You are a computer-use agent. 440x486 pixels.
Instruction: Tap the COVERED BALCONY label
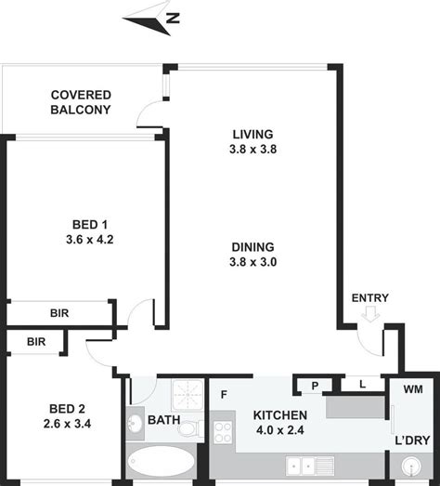[81, 102]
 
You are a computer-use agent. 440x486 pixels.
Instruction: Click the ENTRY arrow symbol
[371, 316]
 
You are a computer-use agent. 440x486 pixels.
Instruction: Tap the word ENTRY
[369, 298]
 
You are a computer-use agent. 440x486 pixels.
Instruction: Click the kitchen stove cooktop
[223, 431]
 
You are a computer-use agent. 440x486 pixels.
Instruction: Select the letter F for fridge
[224, 394]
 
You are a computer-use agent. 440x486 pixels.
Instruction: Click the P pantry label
[315, 385]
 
